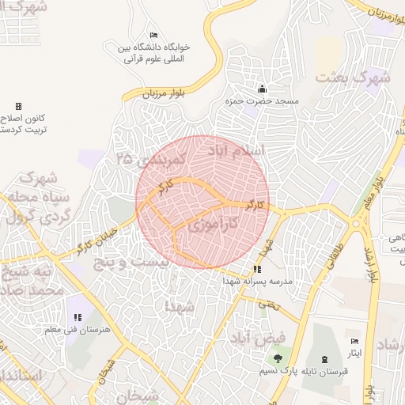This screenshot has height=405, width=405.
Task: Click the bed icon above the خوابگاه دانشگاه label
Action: pos(153,36)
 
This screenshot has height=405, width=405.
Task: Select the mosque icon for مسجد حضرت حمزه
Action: pos(263,89)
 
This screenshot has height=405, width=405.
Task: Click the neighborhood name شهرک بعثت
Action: pos(354,77)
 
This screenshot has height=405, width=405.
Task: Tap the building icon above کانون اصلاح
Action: pos(18,106)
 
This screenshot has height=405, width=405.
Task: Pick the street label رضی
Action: pos(271,304)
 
